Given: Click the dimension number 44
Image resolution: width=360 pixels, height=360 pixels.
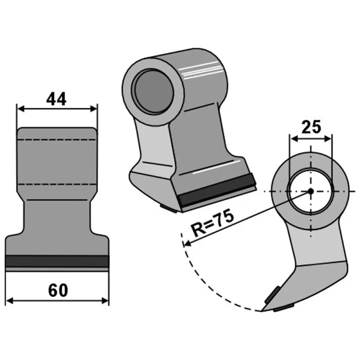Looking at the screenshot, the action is [56, 99].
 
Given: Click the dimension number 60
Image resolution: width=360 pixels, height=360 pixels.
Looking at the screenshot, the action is [58, 290].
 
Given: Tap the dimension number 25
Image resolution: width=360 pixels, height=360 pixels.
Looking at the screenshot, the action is [311, 127].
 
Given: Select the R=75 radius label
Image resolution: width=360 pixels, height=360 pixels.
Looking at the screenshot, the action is [212, 223].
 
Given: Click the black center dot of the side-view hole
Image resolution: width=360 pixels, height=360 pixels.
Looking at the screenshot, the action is [310, 191].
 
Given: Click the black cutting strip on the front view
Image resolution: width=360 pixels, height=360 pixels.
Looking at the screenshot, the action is [57, 261].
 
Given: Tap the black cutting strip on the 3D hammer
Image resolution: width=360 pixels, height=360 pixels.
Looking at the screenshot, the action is [217, 189].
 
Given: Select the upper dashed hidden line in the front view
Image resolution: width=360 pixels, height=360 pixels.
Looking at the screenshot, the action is [57, 139].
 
